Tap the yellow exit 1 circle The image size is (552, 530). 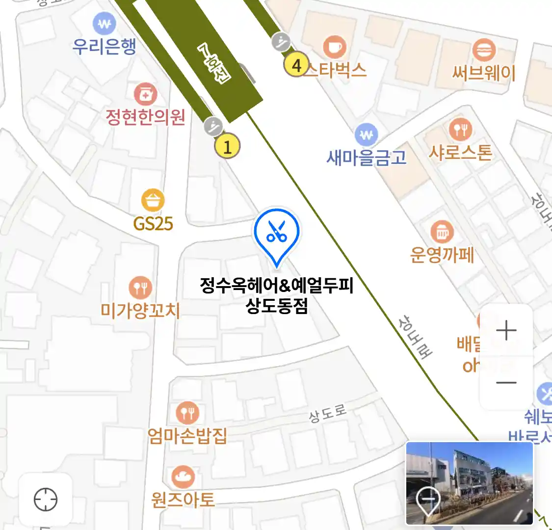(x=227, y=146)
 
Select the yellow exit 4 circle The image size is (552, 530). (x=296, y=65)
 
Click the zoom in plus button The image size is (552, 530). (x=506, y=331)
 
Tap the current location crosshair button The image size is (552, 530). (x=46, y=500)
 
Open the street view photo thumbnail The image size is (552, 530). (x=469, y=483)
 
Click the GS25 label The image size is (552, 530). (x=153, y=224)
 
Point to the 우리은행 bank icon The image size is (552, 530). (x=104, y=23)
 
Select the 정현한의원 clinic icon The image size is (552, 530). (x=145, y=94)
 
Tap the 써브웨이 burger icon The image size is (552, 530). (x=484, y=50)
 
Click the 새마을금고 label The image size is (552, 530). (x=367, y=158)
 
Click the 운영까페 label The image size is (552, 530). (x=442, y=255)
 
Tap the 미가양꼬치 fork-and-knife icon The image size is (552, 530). (x=140, y=288)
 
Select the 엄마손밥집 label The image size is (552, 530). (x=187, y=435)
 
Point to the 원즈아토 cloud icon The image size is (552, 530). (x=183, y=477)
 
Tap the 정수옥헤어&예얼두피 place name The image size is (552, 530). (x=277, y=285)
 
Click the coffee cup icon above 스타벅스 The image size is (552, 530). (x=335, y=47)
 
